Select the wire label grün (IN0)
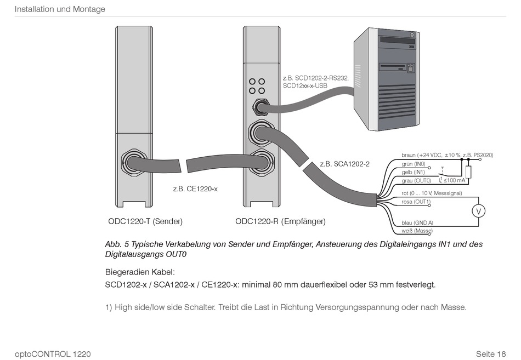coord(414,164)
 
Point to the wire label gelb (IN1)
coord(413,172)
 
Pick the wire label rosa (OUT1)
coord(416,202)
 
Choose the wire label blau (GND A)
coord(417,223)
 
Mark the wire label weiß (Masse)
coord(417,231)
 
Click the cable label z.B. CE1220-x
coord(195,190)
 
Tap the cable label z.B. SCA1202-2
coord(344,164)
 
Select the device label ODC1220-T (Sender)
coord(145,221)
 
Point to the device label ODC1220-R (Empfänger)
coord(280,221)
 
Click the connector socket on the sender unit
coord(133,162)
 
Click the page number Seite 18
coord(491,354)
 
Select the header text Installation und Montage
coord(60,9)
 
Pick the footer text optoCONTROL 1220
coord(53,354)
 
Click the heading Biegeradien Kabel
coord(140,272)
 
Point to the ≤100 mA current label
coord(455,180)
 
